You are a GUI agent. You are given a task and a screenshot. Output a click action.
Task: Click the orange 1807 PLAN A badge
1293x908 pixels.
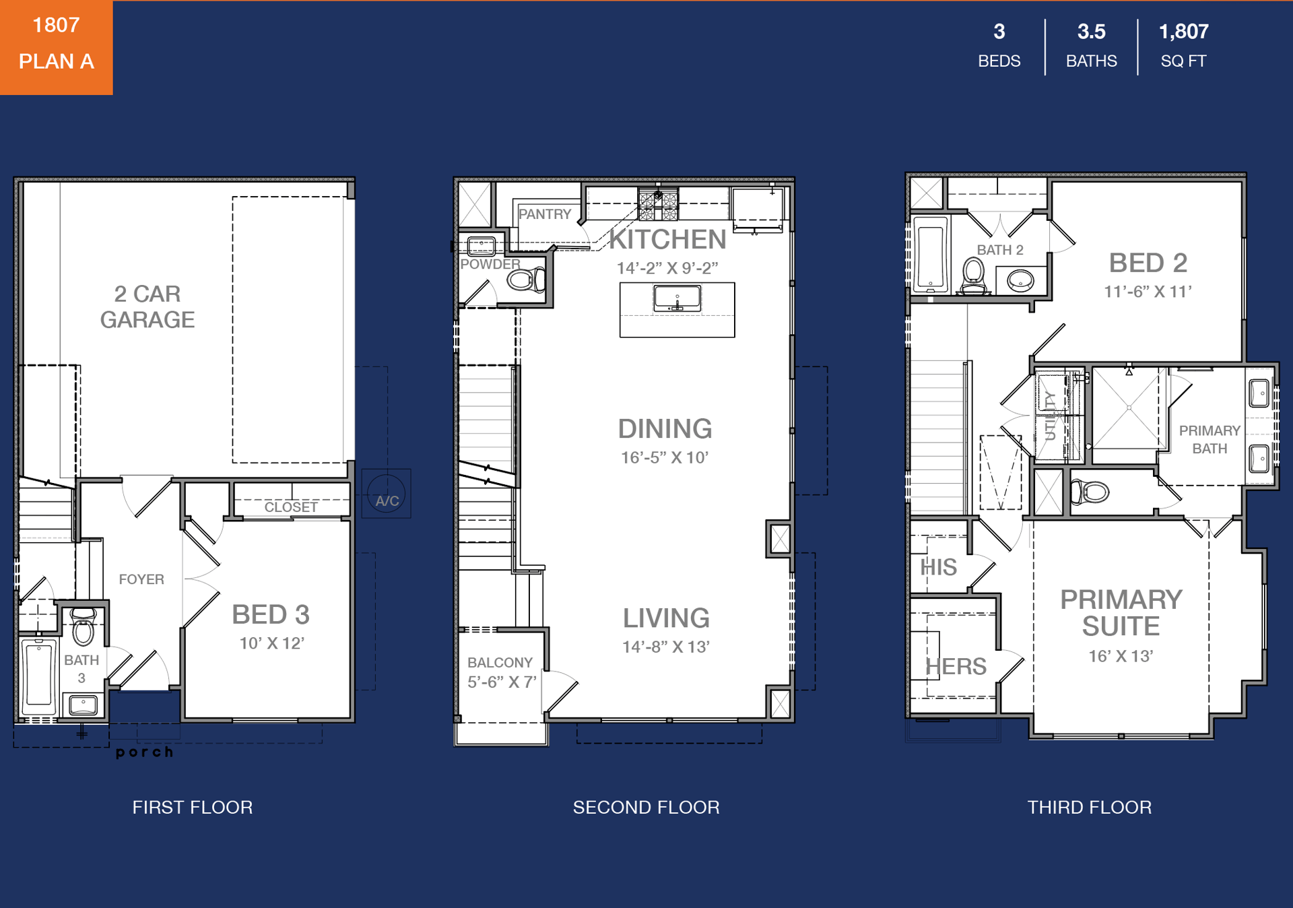tap(56, 47)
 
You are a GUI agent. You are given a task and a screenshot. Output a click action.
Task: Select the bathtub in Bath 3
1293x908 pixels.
tap(39, 676)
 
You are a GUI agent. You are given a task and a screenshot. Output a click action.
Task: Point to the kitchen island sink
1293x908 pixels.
tap(677, 298)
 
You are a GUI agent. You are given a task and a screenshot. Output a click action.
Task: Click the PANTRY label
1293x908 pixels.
tap(545, 214)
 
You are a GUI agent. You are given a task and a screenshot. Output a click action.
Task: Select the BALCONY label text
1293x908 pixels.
tap(500, 663)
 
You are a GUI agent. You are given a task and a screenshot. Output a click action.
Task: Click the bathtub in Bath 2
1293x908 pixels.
tap(931, 256)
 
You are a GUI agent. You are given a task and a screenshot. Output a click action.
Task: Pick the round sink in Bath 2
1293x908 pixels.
tap(1020, 280)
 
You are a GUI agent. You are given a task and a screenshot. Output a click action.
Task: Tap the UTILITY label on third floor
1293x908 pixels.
tap(1050, 416)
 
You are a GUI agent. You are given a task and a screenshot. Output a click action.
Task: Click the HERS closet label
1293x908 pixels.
tap(956, 666)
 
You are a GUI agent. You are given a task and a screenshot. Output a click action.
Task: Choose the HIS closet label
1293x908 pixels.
tap(938, 567)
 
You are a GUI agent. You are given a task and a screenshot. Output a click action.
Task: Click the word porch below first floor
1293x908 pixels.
tap(145, 752)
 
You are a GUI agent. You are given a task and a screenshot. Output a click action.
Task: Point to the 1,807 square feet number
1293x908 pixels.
tap(1183, 32)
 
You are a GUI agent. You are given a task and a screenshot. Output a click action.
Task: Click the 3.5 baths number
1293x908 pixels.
tap(1091, 32)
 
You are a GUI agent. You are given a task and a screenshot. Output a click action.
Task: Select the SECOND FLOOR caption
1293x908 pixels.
tap(646, 807)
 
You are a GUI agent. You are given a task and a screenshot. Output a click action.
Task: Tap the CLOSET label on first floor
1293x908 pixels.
tap(291, 507)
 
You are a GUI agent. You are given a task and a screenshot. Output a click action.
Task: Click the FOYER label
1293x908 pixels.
tap(141, 579)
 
